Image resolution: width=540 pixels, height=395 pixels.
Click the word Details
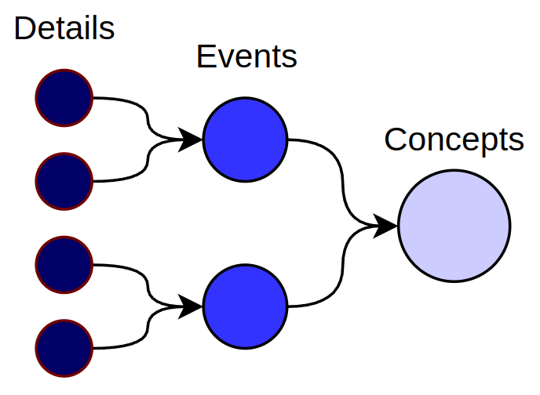coord(64,29)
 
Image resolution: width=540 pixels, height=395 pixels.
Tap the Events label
coord(246,56)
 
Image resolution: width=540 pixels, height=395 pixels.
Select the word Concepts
coord(454,140)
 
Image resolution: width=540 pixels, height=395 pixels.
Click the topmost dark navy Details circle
coord(64,98)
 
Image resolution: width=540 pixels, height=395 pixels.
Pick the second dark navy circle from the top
coord(64,181)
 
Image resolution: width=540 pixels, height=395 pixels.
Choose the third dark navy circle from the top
coord(64,264)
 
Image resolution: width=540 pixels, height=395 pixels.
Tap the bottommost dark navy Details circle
coord(64,347)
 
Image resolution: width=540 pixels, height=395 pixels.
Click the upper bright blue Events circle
coord(245,140)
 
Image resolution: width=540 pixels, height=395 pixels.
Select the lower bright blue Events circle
coord(245,306)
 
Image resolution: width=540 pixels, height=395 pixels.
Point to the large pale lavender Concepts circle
coord(454,226)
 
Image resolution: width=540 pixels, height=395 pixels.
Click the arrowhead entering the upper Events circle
coord(191,140)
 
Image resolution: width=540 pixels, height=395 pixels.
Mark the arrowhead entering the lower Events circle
coord(191,306)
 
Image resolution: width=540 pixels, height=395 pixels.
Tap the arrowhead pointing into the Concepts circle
coord(385,226)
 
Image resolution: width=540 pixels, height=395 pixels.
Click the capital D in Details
coord(24,29)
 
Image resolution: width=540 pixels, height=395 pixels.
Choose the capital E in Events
coord(205,56)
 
